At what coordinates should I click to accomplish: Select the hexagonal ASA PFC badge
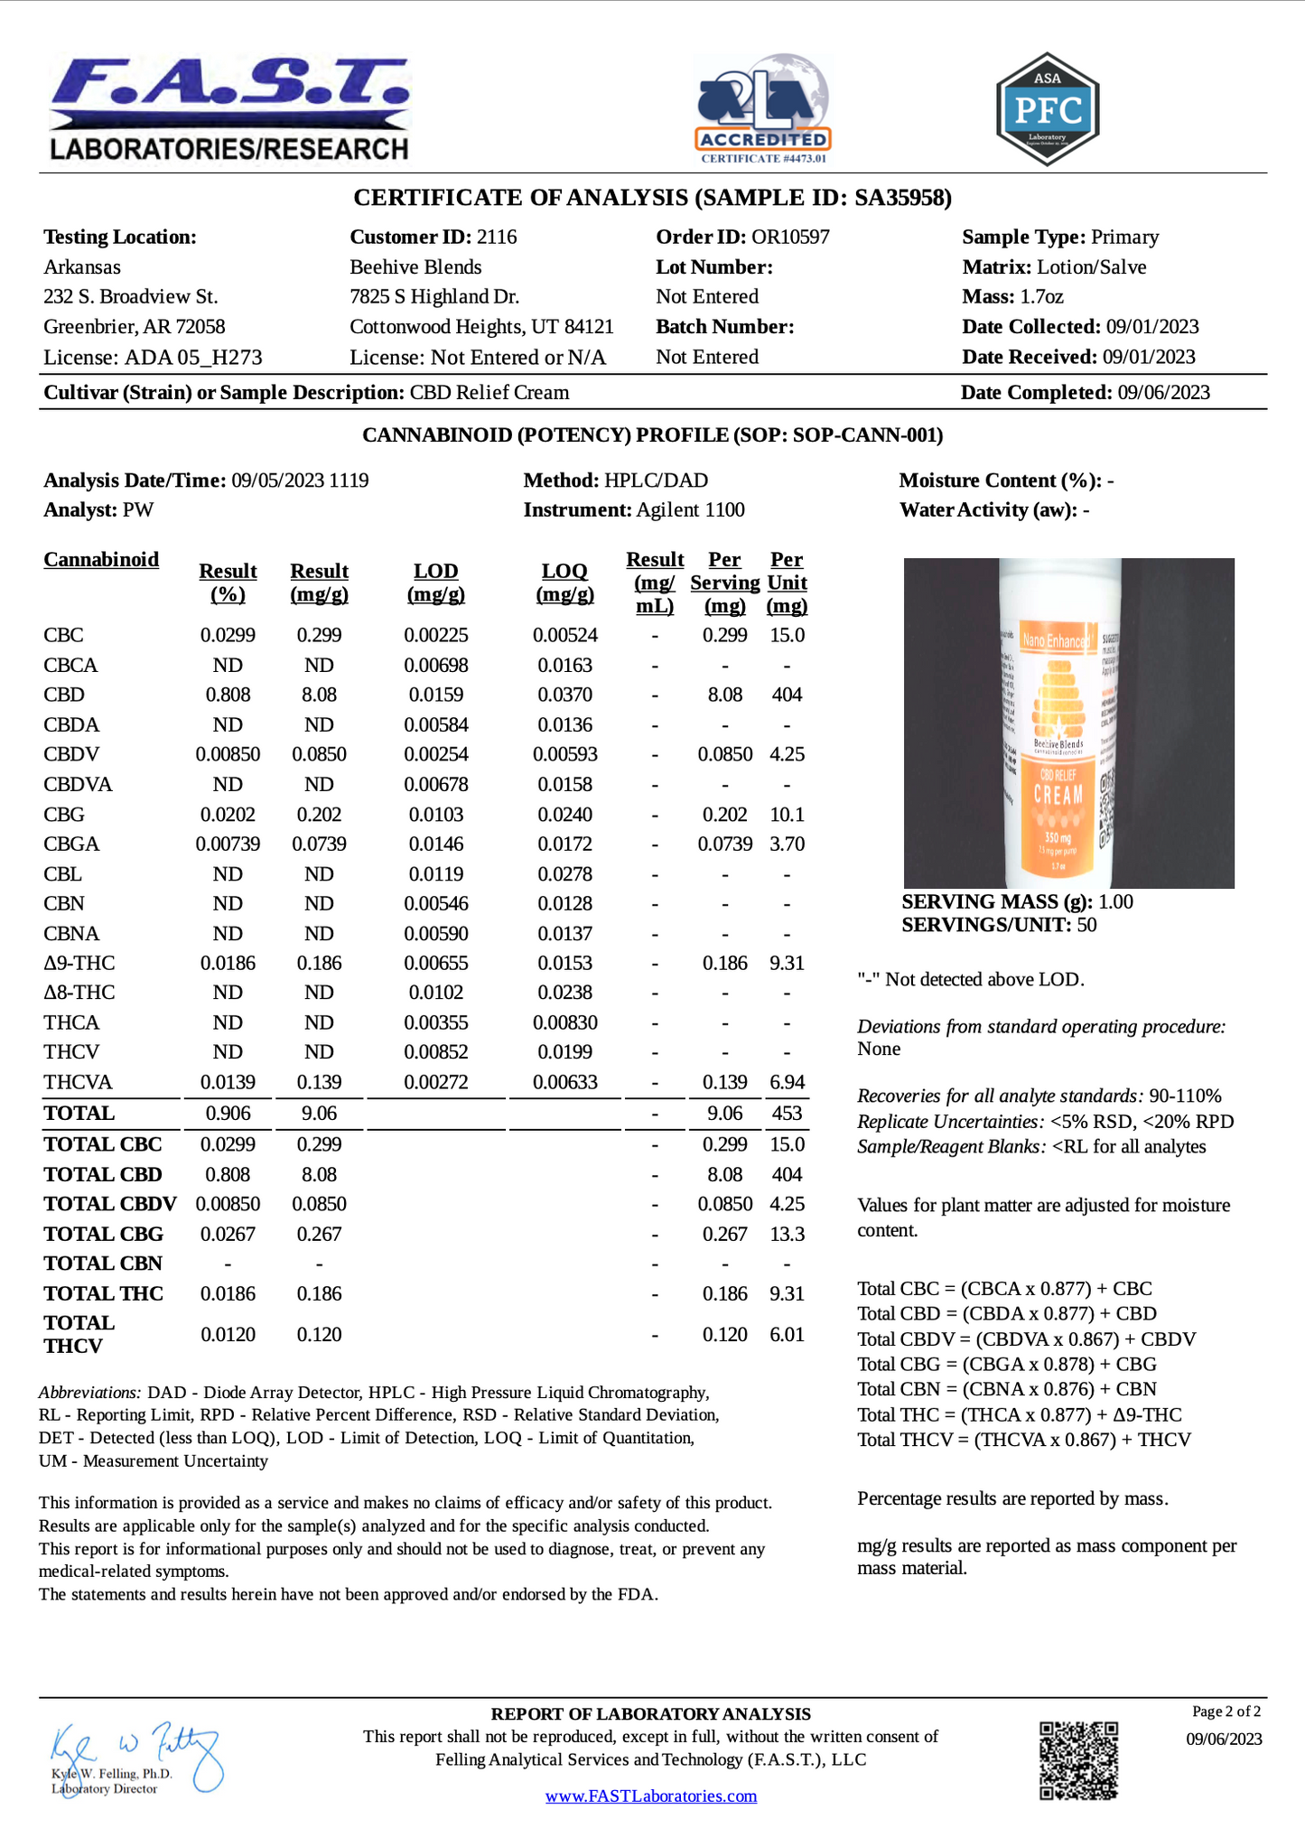(1047, 109)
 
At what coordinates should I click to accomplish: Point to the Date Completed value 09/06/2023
(1163, 393)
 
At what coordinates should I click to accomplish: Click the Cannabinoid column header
(101, 560)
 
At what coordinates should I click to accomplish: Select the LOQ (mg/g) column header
(564, 583)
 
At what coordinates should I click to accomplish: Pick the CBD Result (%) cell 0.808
(228, 695)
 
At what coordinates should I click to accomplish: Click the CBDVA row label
(78, 785)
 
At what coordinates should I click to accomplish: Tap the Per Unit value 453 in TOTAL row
(787, 1114)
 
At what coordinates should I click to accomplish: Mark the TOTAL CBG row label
(104, 1234)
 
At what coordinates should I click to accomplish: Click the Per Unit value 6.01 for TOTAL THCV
(787, 1335)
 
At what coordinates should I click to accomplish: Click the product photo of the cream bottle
(1068, 723)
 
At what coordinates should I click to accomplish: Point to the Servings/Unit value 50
(1086, 925)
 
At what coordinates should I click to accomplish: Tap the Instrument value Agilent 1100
(690, 510)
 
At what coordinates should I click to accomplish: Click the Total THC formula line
(1019, 1414)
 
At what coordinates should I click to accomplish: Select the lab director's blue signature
(135, 1756)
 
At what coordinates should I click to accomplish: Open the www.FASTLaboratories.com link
(650, 1796)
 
